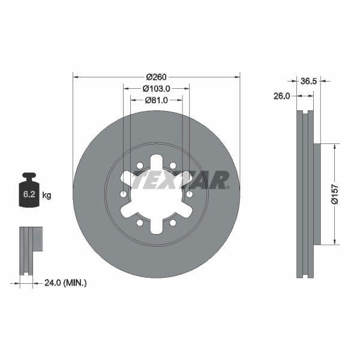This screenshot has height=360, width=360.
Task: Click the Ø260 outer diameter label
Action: point(156,77)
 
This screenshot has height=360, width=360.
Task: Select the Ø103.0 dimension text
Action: point(157,89)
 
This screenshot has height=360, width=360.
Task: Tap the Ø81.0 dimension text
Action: point(157,100)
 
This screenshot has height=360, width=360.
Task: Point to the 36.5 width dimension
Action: point(308,81)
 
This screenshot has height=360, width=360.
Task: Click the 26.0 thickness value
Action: point(282,96)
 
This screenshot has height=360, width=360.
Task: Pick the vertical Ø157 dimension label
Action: point(335,194)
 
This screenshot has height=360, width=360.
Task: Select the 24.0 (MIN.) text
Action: point(65,283)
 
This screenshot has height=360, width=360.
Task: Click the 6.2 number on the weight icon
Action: point(29,194)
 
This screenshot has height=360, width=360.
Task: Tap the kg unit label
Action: point(47,196)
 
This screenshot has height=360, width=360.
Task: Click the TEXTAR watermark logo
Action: point(180,180)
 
